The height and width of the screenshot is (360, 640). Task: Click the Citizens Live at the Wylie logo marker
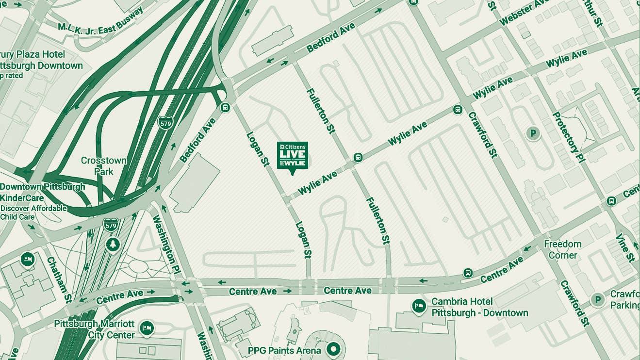tap(292, 156)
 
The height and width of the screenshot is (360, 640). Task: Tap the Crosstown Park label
tap(103, 166)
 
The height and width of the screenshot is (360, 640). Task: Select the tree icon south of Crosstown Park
tap(113, 245)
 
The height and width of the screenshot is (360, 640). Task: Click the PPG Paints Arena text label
tap(284, 350)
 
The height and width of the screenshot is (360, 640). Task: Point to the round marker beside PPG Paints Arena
tap(333, 348)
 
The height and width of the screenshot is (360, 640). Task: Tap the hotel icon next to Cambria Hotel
tap(419, 306)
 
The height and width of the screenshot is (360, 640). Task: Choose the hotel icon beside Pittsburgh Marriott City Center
tap(146, 328)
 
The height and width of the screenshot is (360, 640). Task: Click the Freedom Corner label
tap(562, 249)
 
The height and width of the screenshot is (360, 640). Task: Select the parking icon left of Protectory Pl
tap(533, 133)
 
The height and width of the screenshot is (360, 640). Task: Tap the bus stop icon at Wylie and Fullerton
tap(358, 157)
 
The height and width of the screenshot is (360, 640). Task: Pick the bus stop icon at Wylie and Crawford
tap(457, 110)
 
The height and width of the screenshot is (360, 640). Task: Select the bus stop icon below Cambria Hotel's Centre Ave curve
tap(467, 273)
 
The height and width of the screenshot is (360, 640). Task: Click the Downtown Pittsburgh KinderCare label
tap(42, 192)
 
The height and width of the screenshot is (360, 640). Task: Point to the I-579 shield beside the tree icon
tap(111, 225)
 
